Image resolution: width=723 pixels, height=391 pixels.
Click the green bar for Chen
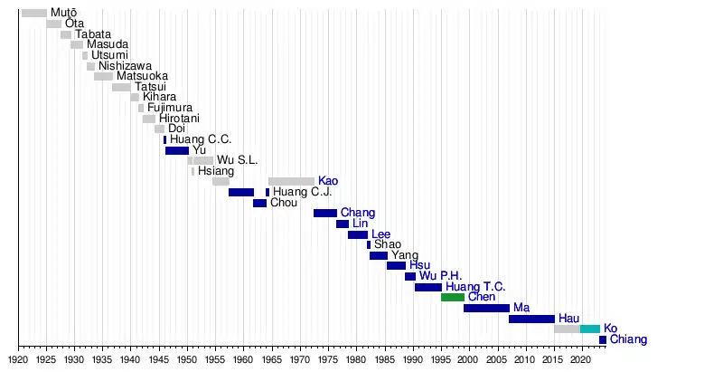[x=453, y=297]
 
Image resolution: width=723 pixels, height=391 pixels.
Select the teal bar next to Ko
[x=590, y=329]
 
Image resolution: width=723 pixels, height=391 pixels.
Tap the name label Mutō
[x=63, y=13]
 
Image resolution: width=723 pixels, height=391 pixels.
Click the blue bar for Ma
[x=486, y=308]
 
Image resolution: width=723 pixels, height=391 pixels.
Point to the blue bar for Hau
[x=531, y=319]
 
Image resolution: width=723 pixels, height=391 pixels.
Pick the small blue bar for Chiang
[x=603, y=339]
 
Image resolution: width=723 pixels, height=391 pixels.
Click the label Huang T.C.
[x=475, y=287]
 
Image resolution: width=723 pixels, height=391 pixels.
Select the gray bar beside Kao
[x=291, y=182]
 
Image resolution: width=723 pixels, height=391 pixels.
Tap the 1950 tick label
[x=187, y=359]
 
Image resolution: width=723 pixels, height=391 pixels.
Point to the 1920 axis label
[x=18, y=359]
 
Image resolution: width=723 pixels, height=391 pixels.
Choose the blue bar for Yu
[x=177, y=150]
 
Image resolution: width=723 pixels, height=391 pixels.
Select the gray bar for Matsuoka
[x=103, y=77]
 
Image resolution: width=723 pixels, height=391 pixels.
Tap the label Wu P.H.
[x=440, y=276]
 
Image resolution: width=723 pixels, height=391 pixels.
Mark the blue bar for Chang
[x=325, y=213]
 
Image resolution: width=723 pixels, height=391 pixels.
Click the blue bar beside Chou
[x=259, y=203]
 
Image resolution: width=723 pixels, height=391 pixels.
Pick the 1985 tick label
[x=384, y=359]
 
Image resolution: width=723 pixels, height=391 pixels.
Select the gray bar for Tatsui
[x=121, y=87]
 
